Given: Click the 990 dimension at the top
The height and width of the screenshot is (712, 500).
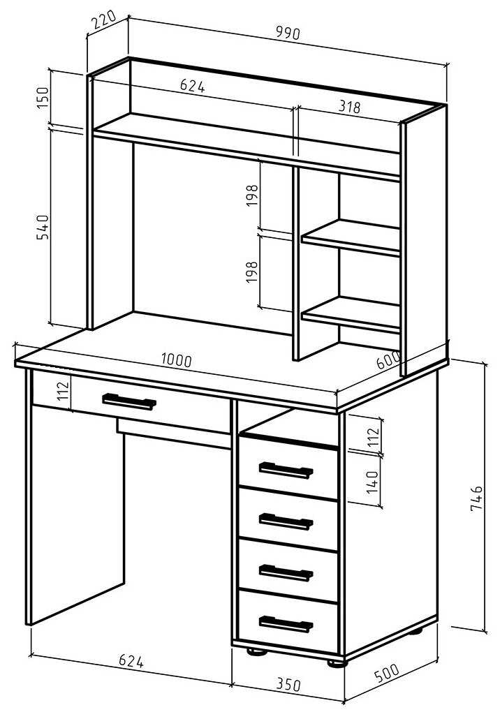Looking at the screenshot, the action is (x=288, y=33).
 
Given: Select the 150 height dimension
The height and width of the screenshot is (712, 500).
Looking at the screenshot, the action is (x=42, y=98).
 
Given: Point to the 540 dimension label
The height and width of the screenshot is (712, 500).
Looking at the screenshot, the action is (x=42, y=228).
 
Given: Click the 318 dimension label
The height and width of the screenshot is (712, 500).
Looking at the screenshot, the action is (x=349, y=107).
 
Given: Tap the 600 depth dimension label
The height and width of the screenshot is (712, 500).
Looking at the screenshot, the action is (x=388, y=360).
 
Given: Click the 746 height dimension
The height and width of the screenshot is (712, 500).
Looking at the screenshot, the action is (x=476, y=498).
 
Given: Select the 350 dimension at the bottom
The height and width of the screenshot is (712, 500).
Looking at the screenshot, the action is (x=288, y=684).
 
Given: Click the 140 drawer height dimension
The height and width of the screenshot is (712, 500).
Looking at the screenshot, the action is (x=372, y=482).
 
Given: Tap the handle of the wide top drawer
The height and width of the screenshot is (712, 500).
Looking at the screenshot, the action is (x=129, y=401).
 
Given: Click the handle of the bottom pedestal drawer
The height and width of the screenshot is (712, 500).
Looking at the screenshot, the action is (x=286, y=623).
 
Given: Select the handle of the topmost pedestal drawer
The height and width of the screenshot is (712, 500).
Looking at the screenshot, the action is (x=286, y=470).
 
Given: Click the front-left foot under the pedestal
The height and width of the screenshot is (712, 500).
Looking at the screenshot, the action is (x=257, y=651).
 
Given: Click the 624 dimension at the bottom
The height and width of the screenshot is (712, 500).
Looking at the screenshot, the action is (x=131, y=661).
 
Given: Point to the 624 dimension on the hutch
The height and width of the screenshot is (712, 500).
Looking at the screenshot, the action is (x=193, y=85).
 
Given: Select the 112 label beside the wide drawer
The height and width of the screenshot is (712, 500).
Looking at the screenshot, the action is (x=63, y=390).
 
